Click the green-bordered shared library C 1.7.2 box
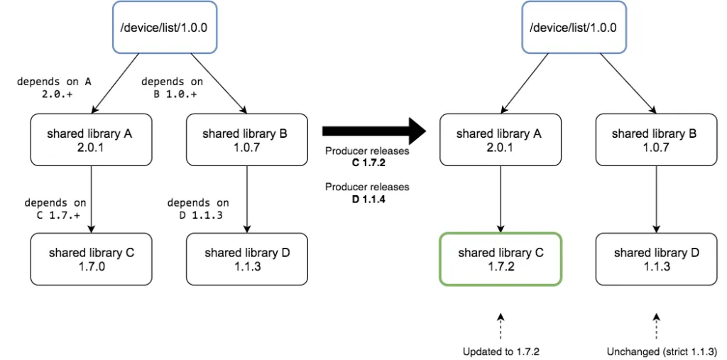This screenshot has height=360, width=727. click(x=501, y=259)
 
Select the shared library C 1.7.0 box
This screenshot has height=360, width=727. click(x=92, y=259)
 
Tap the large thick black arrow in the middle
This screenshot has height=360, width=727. click(x=373, y=131)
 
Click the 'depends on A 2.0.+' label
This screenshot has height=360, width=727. click(x=54, y=87)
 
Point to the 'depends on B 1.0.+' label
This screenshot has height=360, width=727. click(x=172, y=87)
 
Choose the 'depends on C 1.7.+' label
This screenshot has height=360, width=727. click(x=55, y=209)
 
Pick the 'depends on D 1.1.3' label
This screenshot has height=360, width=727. click(x=198, y=209)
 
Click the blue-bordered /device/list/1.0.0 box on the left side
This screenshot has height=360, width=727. click(x=165, y=27)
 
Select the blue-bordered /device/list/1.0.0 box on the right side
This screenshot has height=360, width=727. click(x=574, y=27)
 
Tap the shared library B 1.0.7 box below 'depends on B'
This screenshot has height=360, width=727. click(x=247, y=140)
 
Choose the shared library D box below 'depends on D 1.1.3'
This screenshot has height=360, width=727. click(x=247, y=259)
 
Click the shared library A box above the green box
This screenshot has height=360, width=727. click(x=501, y=140)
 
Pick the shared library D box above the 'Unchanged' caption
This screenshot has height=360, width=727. click(x=657, y=259)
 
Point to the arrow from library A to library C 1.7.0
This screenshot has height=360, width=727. click(x=92, y=200)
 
